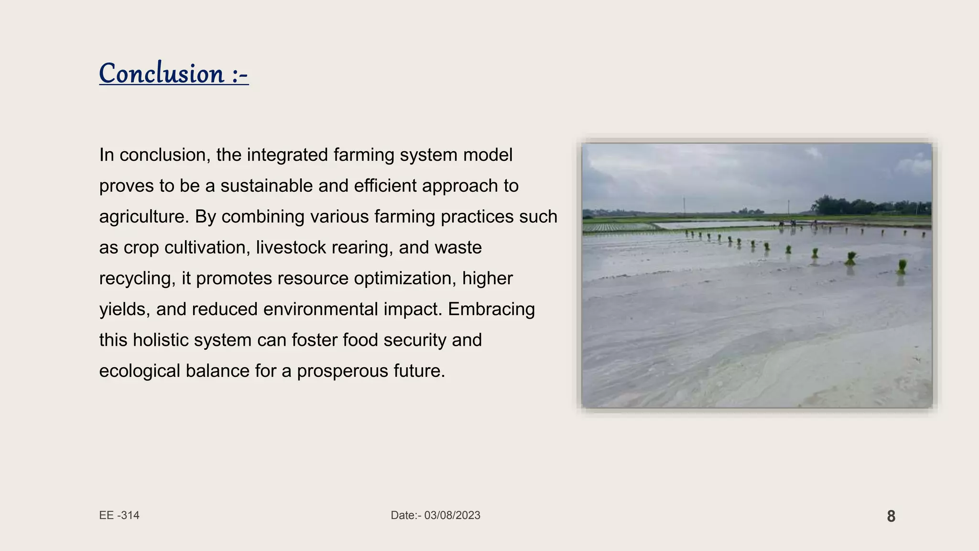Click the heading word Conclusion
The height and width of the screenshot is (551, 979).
(x=162, y=74)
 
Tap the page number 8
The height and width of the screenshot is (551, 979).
(x=891, y=516)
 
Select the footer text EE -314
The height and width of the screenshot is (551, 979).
(x=119, y=515)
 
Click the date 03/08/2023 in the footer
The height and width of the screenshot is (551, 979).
(x=452, y=515)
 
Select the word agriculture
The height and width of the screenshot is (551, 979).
(x=141, y=217)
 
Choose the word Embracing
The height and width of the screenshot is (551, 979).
(x=491, y=309)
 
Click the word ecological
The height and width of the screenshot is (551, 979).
(x=139, y=371)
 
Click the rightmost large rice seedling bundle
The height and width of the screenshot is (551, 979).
(x=902, y=266)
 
